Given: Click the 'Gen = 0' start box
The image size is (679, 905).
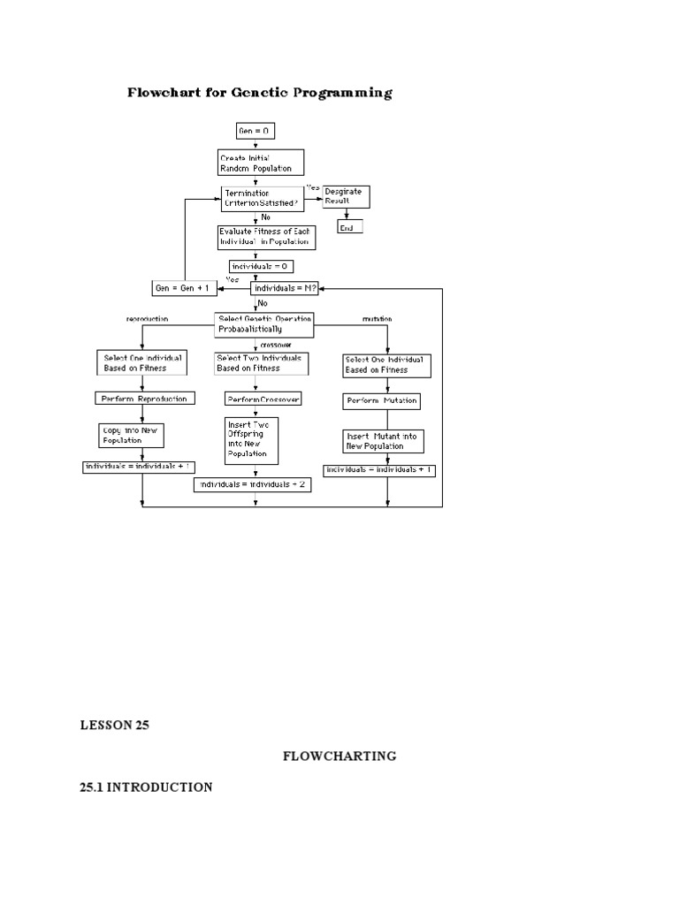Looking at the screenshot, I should point(255,131).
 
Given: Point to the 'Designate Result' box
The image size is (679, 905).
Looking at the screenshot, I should point(346,196).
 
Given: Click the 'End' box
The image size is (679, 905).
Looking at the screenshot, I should point(349,227).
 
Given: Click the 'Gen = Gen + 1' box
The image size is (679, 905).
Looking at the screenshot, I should point(185,288).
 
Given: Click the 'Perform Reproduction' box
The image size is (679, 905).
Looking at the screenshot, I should point(142,399).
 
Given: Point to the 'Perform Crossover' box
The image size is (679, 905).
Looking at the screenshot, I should point(263,399).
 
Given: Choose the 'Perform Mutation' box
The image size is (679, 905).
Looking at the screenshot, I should point(380,401).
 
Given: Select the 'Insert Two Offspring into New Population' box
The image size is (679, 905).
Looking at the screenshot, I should point(252,440).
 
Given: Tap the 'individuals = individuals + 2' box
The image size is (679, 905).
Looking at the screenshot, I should point(252,484).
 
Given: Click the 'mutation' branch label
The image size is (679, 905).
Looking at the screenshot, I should point(378,318).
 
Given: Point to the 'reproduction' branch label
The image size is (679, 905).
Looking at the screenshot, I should point(147,318).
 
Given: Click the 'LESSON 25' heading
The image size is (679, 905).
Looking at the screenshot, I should point(114,726).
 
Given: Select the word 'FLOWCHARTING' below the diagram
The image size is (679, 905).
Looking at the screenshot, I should point(339,756).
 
